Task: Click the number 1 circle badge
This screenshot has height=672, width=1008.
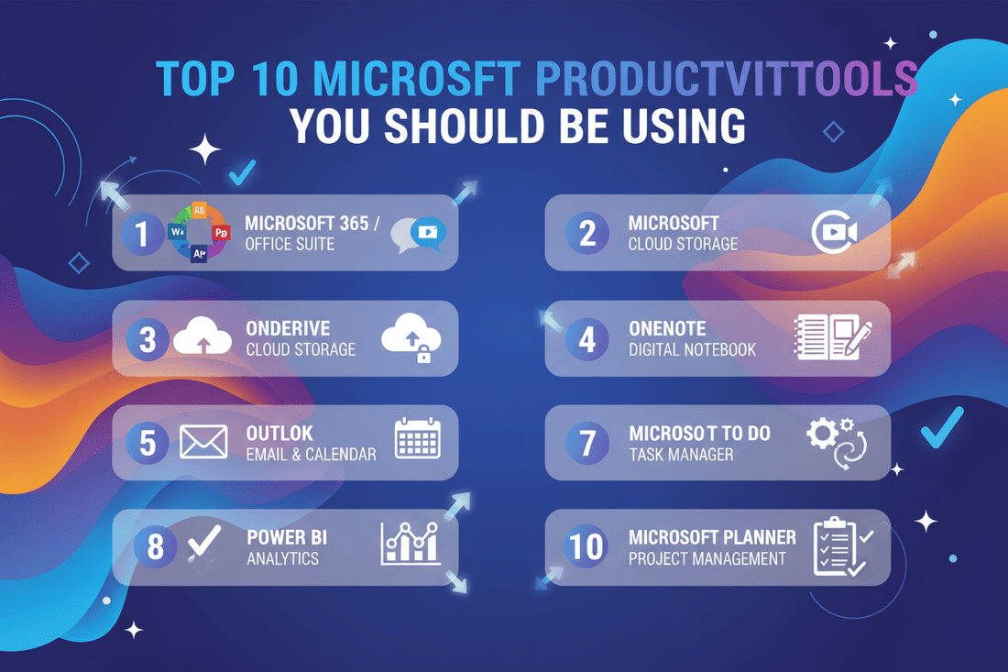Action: tap(141, 233)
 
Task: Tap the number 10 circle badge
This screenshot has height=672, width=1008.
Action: tap(586, 547)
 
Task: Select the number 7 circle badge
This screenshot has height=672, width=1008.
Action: tap(586, 444)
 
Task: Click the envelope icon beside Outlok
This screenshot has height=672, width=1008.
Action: tap(203, 443)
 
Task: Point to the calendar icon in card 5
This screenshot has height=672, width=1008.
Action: tap(417, 439)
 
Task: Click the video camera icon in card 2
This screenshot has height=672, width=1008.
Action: tap(835, 233)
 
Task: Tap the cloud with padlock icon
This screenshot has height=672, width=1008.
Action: tap(411, 337)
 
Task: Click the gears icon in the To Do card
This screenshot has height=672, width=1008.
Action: tap(835, 442)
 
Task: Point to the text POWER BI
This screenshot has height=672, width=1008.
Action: tap(287, 537)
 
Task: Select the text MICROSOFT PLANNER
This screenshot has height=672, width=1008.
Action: tap(712, 537)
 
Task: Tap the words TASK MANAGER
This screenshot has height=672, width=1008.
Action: tap(681, 454)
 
